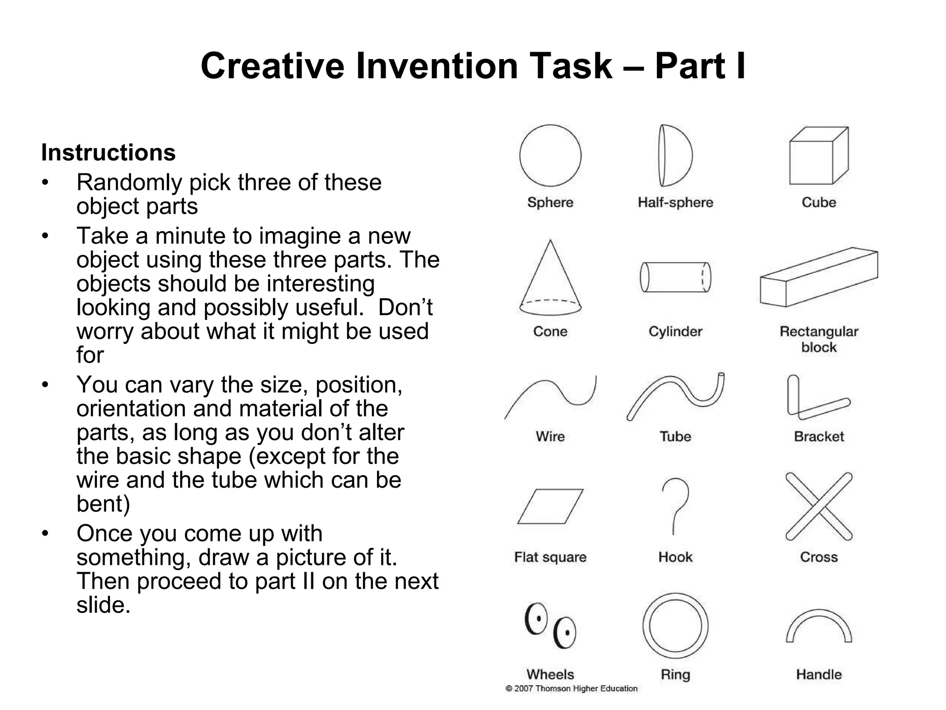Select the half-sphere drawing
675,155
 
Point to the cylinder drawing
675,277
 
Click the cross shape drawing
819,506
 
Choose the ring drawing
675,626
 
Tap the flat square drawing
550,506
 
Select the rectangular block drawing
819,277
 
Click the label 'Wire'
550,436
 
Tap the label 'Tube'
675,436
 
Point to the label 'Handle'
819,674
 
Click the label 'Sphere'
550,202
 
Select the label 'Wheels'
550,674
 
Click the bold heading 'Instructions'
109,153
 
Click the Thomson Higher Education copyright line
572,689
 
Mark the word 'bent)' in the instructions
103,504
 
